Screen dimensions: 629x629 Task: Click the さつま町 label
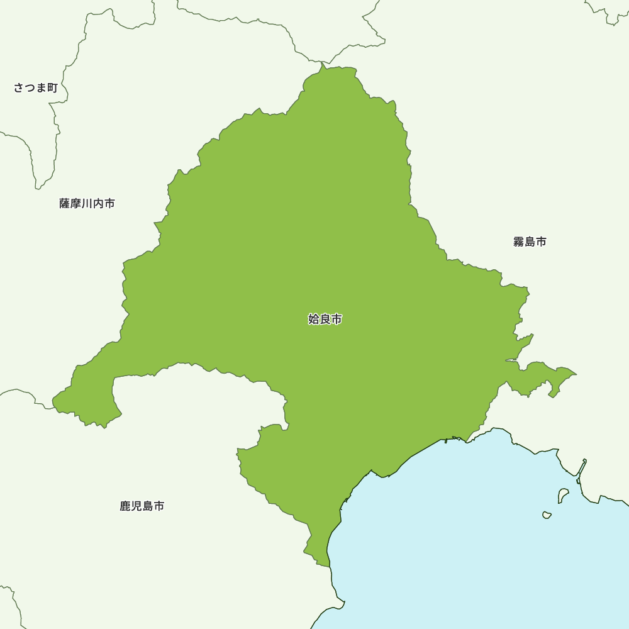[36, 88]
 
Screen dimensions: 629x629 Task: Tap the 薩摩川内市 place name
[87, 204]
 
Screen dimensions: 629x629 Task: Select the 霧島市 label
[530, 242]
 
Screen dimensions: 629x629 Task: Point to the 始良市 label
[325, 320]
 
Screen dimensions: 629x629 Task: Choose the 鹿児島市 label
[142, 506]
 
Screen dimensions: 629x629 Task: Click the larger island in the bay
[563, 496]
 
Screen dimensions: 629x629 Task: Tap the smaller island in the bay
[547, 515]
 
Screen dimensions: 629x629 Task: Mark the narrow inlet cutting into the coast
[582, 469]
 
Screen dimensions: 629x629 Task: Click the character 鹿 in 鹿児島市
[125, 506]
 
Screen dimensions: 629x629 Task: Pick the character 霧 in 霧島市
[518, 242]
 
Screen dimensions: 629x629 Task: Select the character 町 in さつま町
[52, 88]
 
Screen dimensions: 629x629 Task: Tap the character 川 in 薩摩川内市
[87, 204]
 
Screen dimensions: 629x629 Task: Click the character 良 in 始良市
[325, 320]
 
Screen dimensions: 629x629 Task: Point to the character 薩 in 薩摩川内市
[65, 204]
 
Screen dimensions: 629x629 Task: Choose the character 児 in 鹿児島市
[136, 506]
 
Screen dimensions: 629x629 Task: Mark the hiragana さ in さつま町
[19, 88]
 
